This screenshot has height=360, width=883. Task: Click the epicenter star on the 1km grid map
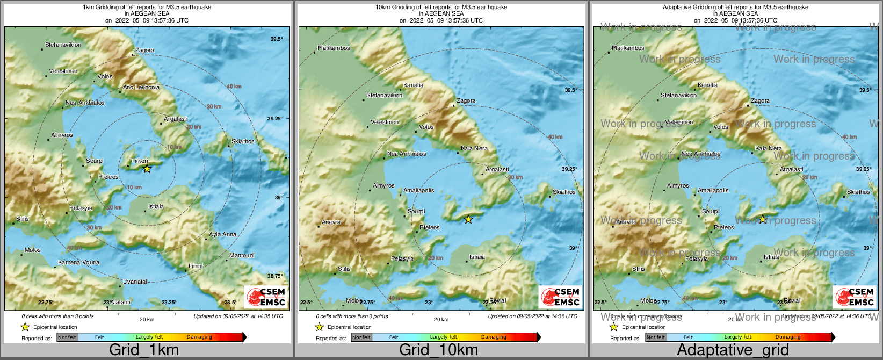147,169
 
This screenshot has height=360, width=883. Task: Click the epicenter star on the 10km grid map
468,219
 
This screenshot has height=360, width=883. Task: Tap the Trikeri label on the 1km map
140,161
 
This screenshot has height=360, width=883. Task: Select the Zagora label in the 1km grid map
144,51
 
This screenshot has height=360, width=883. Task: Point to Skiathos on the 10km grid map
564,192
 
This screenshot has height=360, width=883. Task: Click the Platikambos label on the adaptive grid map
628,48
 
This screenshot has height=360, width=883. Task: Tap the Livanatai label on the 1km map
135,282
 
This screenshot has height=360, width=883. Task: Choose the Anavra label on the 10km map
331,222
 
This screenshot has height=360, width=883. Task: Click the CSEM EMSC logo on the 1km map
266,297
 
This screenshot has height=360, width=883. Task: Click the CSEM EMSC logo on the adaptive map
855,297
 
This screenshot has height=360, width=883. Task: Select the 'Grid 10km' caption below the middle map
438,350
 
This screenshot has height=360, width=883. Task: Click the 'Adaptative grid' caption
733,350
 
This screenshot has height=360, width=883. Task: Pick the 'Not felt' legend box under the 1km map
67,337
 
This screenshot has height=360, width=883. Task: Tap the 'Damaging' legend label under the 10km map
493,337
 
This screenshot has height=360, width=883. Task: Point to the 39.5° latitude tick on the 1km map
276,39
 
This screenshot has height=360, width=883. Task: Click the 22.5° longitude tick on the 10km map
306,303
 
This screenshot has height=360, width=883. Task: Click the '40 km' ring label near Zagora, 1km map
234,87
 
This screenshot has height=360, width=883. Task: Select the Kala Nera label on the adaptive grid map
769,149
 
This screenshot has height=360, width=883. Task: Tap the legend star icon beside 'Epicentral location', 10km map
319,327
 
